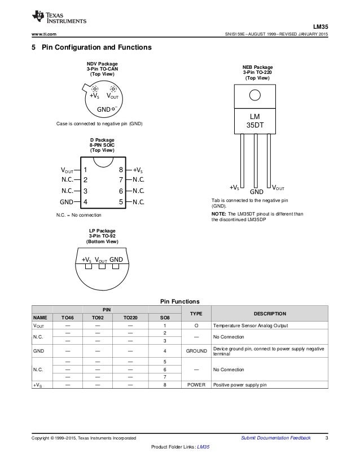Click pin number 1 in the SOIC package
85,169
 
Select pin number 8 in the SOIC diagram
121,169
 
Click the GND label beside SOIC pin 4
67,201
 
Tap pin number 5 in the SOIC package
121,201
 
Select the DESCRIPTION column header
270,314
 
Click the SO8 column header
163,318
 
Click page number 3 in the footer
327,438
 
